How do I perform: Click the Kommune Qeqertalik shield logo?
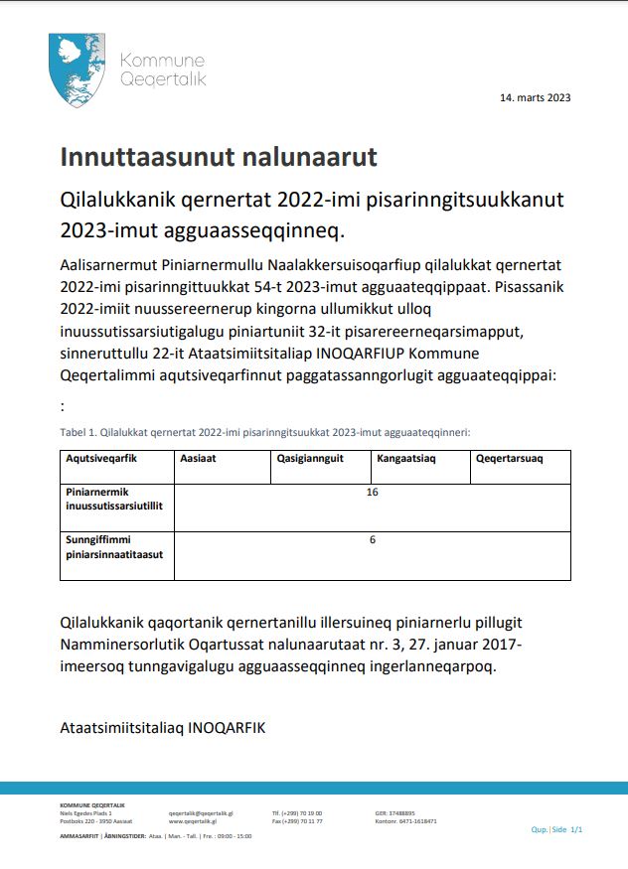(76, 70)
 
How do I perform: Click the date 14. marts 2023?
(535, 97)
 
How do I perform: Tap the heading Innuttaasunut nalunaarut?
(219, 158)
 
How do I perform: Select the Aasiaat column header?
(199, 459)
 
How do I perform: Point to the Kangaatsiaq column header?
(406, 459)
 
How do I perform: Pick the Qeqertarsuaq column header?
(510, 459)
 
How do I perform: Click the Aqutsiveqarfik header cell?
(100, 459)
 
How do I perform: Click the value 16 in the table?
(373, 493)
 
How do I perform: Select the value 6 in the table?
(373, 539)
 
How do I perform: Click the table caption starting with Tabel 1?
(264, 432)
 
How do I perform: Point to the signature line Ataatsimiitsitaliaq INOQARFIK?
(163, 727)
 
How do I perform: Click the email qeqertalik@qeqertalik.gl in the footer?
(201, 812)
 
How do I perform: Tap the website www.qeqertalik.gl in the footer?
(195, 821)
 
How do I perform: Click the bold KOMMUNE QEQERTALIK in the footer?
(92, 804)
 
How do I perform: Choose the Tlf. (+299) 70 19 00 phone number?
(297, 812)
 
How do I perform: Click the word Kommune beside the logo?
(161, 62)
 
